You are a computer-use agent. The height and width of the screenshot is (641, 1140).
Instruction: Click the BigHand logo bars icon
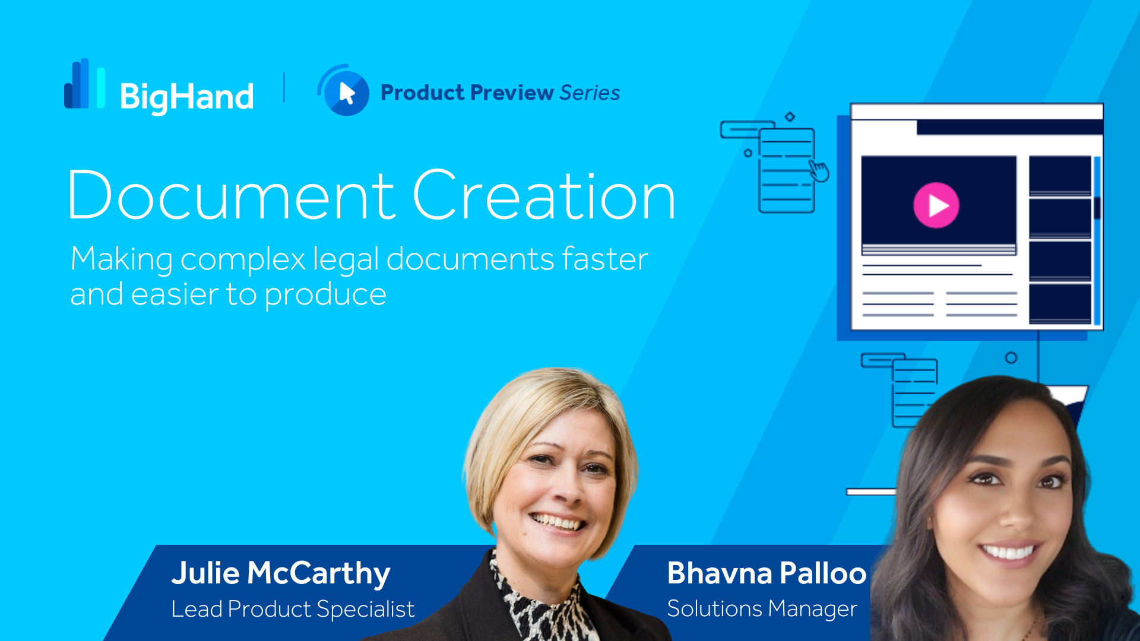(84, 84)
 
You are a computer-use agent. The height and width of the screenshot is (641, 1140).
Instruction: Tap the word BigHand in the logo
(187, 97)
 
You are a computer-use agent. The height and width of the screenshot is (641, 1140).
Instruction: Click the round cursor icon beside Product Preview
(344, 90)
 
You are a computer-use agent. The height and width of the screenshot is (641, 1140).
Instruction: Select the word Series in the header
(590, 93)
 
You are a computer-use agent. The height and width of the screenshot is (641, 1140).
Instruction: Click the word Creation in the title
(544, 195)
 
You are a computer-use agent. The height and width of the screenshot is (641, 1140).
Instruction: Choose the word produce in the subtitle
(325, 295)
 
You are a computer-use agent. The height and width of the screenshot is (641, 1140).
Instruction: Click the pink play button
(936, 205)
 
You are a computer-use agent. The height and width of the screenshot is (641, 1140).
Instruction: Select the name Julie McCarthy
(281, 573)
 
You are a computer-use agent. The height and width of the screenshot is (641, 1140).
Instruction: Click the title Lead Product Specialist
(293, 609)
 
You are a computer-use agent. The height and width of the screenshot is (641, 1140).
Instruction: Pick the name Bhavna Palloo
(767, 573)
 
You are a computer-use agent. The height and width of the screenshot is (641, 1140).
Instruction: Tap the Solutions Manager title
(762, 609)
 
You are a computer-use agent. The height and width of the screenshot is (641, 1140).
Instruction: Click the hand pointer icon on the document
(819, 171)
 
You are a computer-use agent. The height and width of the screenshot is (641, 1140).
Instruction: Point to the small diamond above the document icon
(790, 117)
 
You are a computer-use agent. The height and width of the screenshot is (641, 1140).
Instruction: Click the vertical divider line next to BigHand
(284, 87)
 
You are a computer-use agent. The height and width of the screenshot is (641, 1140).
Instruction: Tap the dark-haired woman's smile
(1009, 551)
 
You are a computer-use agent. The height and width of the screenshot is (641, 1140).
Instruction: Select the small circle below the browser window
(1011, 358)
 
